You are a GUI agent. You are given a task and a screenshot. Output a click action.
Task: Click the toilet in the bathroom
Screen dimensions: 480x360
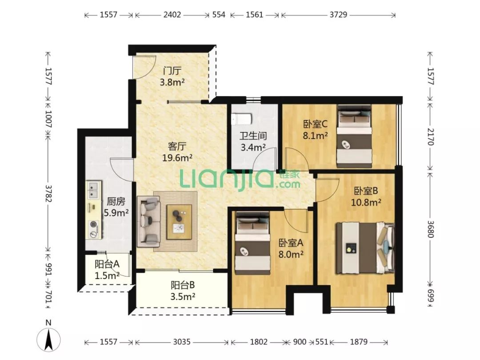point(242,120)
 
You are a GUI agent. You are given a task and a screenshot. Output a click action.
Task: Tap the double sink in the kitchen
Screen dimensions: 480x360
point(94,190)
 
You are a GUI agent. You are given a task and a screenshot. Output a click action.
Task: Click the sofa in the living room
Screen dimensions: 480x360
point(149,222)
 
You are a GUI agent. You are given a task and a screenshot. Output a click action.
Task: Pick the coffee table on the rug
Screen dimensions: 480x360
point(180,222)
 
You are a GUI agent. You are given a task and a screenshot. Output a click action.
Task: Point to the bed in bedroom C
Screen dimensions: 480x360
point(354,136)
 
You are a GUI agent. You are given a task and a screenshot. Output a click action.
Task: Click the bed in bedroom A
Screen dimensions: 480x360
point(253,244)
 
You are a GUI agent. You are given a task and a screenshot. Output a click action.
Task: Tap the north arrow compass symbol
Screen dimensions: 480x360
point(48,339)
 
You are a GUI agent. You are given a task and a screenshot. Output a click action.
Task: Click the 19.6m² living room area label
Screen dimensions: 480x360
point(177,158)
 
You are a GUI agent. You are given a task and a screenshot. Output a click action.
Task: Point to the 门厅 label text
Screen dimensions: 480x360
point(172,71)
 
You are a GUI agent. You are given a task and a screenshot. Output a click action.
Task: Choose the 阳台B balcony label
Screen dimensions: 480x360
point(183,285)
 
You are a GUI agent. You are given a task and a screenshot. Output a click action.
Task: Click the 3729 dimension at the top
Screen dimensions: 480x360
point(338,14)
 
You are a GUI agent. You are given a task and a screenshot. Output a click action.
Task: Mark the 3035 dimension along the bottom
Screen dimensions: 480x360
point(182,342)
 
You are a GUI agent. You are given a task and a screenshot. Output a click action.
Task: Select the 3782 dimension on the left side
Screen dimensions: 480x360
point(48,193)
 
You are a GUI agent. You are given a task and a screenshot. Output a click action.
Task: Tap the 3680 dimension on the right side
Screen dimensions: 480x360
point(430,229)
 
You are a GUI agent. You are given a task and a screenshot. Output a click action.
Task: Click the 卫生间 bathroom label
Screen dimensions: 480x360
point(253,136)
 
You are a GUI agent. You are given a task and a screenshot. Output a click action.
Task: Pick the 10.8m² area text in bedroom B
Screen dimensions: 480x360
point(366,202)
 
